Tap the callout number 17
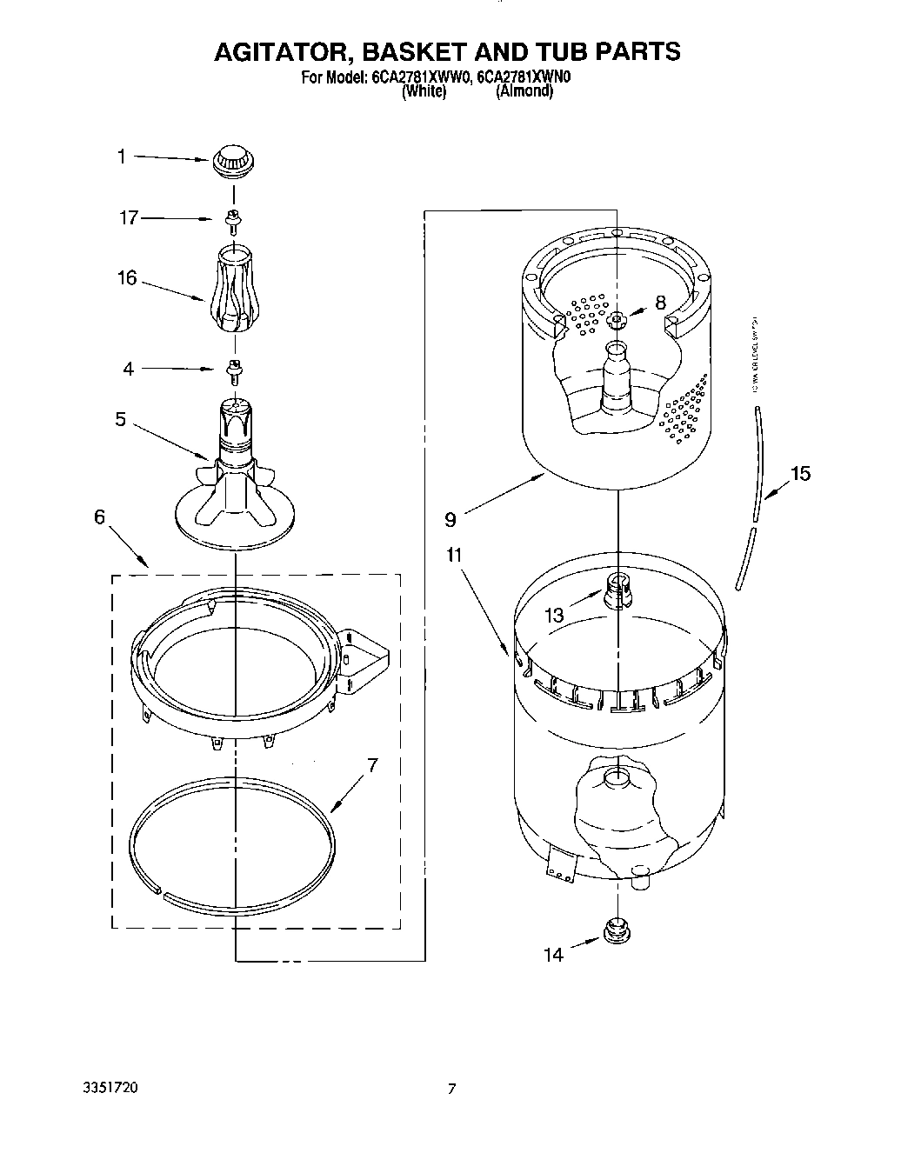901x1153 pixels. pos(129,218)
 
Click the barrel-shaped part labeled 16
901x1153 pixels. pos(233,289)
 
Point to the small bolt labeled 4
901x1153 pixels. pos(233,370)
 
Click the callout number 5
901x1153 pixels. pos(121,420)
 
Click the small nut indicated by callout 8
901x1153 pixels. pos(617,320)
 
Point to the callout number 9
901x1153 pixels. pos(450,520)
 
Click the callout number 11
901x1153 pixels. pos(455,555)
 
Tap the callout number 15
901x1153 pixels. pos(799,474)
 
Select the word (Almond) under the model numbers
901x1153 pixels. pos(524,91)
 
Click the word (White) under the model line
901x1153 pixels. pos(424,91)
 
